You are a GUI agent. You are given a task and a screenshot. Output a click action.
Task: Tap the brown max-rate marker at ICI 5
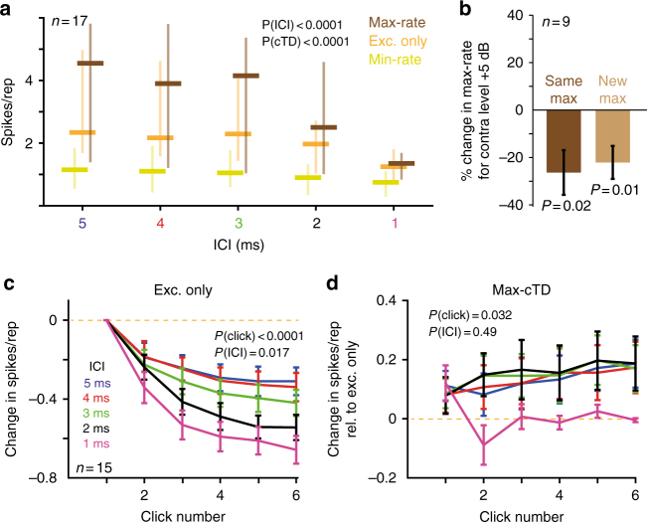tap(90, 64)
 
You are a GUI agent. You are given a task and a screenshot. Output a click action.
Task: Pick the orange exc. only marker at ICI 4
tap(160, 137)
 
